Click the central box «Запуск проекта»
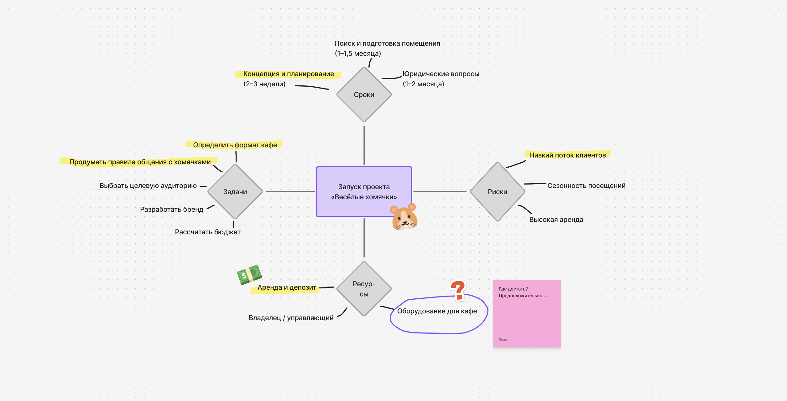[x=364, y=191]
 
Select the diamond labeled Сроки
[x=364, y=94]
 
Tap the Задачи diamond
[x=235, y=192]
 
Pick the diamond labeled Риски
[x=497, y=192]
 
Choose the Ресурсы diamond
[x=364, y=289]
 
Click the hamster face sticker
[x=404, y=217]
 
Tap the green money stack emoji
[x=249, y=274]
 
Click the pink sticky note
[x=527, y=316]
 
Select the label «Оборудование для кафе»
[x=437, y=311]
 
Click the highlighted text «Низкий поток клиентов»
[x=567, y=155]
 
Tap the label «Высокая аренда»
[x=556, y=220]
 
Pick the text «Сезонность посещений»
[x=586, y=186]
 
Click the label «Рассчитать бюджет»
[x=208, y=232]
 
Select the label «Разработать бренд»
[x=172, y=209]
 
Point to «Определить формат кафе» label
[x=235, y=145]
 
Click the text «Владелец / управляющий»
[x=291, y=318]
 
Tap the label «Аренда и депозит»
[x=287, y=287]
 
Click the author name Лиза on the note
[x=503, y=339]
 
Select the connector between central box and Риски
[x=440, y=191]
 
